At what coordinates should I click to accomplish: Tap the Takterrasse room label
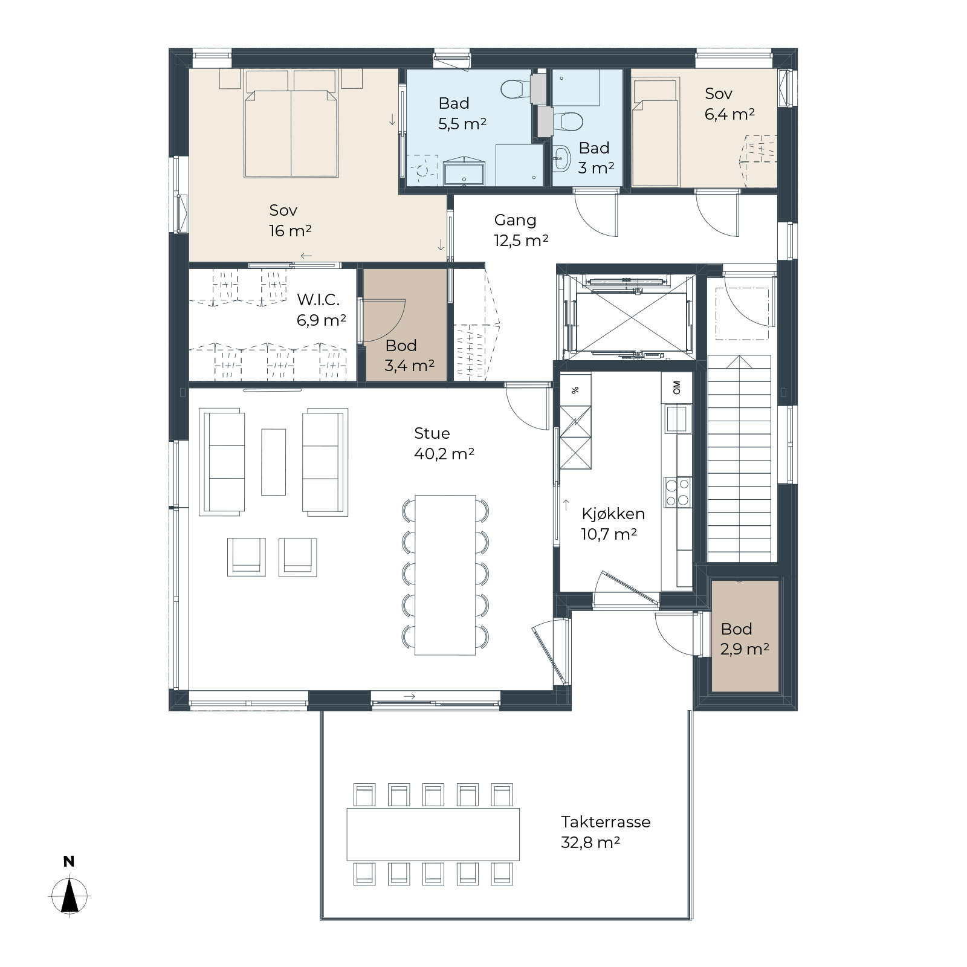point(606,822)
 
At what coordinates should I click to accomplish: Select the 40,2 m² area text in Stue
point(444,454)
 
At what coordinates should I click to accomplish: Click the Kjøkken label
point(613,514)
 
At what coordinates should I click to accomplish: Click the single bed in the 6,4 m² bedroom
point(655,133)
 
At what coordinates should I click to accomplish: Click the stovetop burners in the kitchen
point(677,492)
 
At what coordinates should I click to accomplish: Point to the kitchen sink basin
point(678,418)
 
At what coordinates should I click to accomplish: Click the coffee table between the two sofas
point(273,462)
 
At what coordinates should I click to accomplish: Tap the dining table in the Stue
point(445,575)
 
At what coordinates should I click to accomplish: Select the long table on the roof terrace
point(433,834)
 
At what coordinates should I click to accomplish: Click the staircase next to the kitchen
point(739,459)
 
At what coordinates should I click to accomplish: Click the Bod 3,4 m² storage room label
point(409,355)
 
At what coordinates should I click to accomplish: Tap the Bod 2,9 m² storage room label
point(745,639)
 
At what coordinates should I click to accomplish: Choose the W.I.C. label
point(318,300)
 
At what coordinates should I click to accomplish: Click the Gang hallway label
point(515,221)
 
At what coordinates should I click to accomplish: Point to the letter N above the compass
point(69,862)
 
